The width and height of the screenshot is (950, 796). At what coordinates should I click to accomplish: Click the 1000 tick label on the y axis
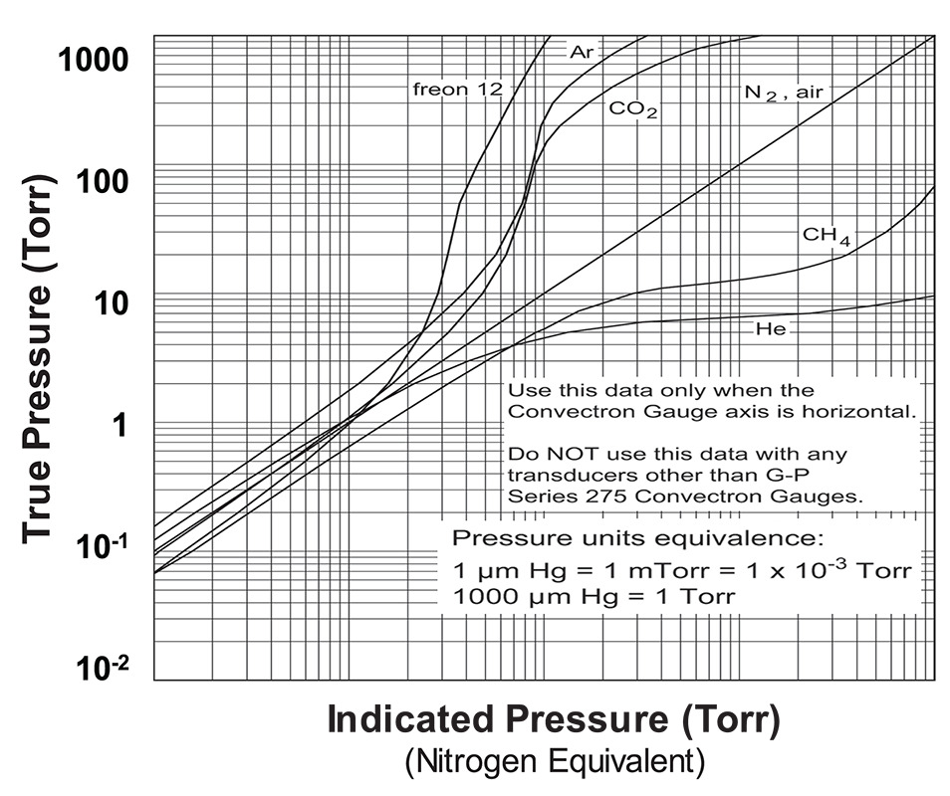(93, 61)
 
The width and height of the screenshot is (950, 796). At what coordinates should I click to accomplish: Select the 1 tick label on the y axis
(121, 425)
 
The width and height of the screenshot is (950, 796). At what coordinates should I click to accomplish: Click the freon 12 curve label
(458, 90)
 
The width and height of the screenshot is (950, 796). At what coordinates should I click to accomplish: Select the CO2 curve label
(633, 109)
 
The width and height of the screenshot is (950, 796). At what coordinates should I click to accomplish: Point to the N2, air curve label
(785, 93)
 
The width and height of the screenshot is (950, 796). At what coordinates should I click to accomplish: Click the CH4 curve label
(827, 237)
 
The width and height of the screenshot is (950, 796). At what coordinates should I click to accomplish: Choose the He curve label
(771, 328)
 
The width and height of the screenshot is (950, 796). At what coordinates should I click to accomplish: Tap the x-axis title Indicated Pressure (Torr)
(553, 719)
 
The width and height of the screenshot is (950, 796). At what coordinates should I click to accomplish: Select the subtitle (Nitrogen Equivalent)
(555, 763)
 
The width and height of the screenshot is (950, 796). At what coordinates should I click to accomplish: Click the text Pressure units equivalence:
(638, 538)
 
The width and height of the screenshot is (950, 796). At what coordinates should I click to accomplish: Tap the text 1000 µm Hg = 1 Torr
(594, 597)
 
